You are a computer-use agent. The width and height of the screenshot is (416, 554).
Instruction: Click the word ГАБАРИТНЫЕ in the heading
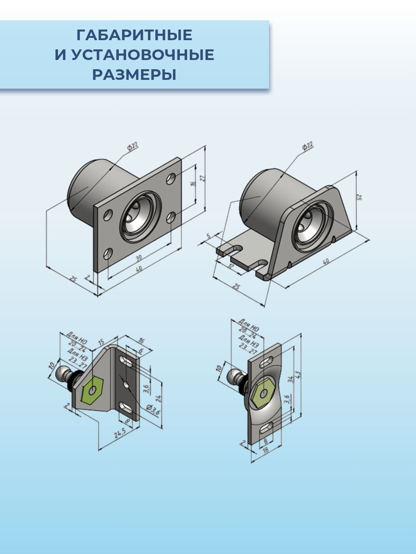(134, 35)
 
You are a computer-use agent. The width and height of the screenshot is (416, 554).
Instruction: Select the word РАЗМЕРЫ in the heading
(134, 75)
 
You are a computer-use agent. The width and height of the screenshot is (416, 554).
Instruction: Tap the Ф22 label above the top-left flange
(133, 147)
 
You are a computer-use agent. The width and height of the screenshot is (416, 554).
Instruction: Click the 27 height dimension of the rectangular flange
(202, 178)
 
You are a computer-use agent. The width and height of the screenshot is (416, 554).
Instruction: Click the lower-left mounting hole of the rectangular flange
(108, 253)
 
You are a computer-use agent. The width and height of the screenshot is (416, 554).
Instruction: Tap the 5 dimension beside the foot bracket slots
(208, 237)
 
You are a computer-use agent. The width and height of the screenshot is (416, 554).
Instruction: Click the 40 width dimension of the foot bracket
(326, 262)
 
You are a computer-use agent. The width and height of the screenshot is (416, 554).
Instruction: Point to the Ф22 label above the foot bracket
(307, 147)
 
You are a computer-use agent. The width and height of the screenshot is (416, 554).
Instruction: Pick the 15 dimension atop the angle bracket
(101, 342)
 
